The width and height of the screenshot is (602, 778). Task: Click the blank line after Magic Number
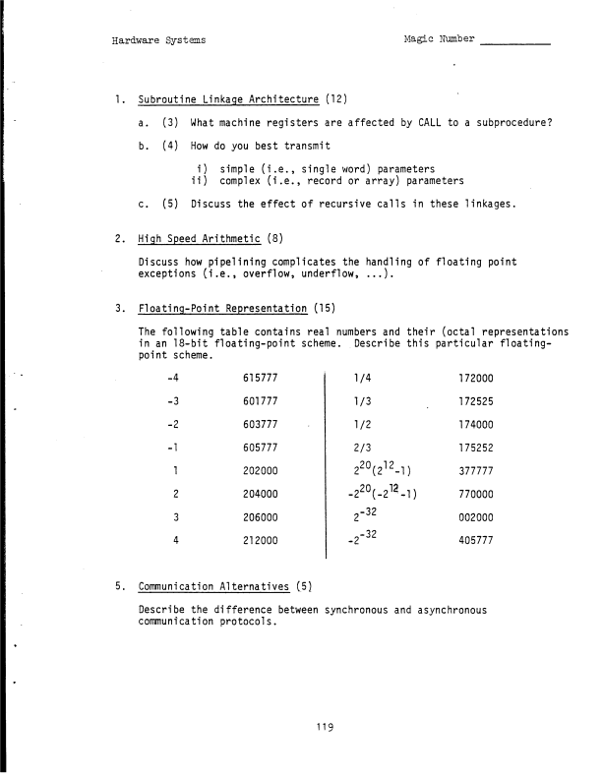(515, 43)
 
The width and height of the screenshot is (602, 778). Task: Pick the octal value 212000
(261, 540)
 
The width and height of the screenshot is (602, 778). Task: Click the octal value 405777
(477, 540)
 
